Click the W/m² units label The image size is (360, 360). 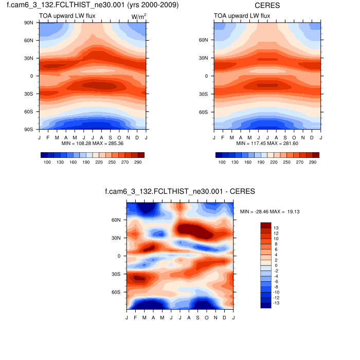(139, 16)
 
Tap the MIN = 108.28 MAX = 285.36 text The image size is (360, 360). (92, 143)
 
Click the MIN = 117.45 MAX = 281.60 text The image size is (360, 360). (267, 143)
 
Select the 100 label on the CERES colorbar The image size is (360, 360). (222, 162)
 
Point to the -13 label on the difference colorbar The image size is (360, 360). (278, 303)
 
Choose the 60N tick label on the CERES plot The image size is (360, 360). (204, 40)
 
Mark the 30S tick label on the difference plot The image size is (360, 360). (117, 274)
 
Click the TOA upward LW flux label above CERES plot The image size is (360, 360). (242, 16)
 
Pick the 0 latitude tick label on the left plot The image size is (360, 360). (32, 76)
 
